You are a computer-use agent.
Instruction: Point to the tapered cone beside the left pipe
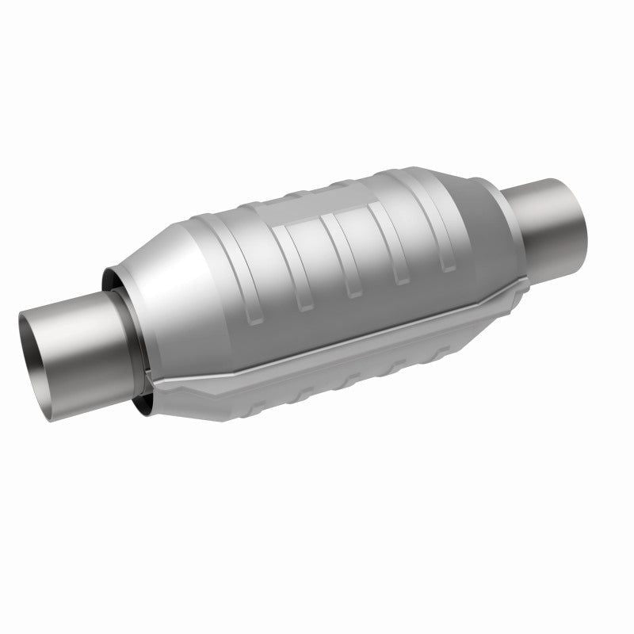pyautogui.click(x=170, y=262)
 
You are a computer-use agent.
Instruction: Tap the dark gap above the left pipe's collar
pyautogui.click(x=111, y=277)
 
